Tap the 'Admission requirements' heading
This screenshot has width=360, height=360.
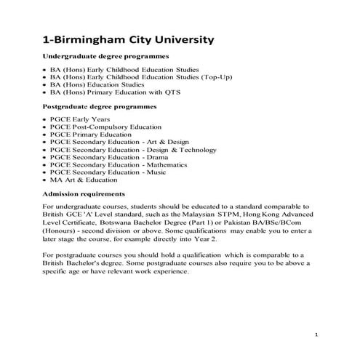pyautogui.click(x=84, y=194)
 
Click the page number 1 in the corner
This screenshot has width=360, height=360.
pyautogui.click(x=318, y=334)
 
